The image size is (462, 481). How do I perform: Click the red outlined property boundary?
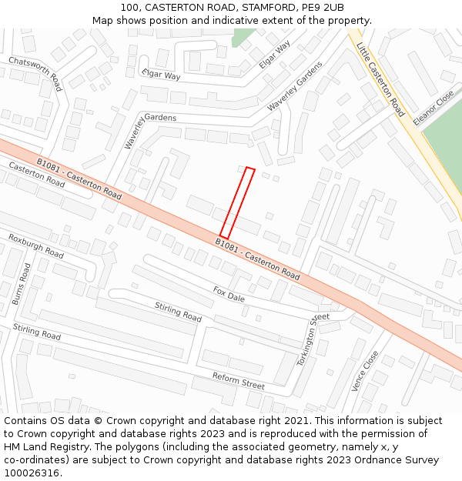[237, 203]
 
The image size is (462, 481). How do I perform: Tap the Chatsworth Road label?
[35, 72]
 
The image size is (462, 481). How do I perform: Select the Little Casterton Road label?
[380, 79]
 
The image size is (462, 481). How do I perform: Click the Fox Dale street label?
[229, 293]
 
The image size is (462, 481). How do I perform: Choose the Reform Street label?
[239, 379]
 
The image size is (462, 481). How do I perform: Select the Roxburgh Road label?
[36, 246]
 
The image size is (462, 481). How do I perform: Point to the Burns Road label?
[21, 284]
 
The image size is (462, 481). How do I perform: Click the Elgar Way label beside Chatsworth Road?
[161, 75]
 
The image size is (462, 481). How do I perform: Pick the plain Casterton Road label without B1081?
[37, 175]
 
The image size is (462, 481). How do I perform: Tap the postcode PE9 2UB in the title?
[323, 8]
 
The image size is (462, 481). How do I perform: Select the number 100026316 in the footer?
[32, 473]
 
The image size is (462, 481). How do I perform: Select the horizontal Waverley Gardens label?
[151, 117]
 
